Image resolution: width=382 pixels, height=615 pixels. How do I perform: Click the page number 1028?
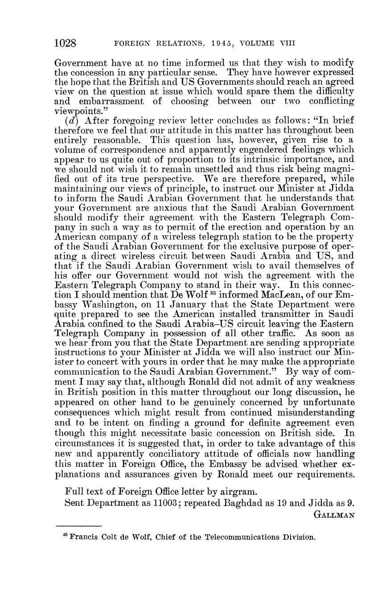(x=66, y=43)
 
